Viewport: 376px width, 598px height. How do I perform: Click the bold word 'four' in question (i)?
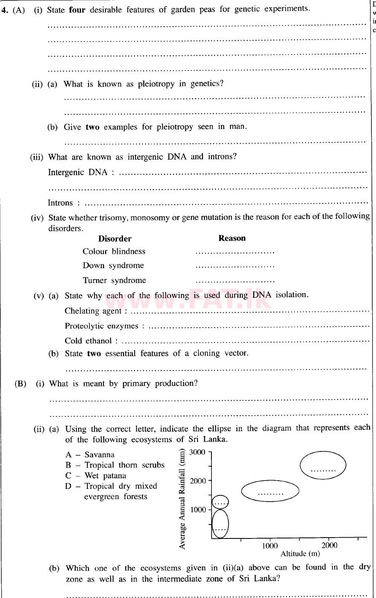pos(77,9)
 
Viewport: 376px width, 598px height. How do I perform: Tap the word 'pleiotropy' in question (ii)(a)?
pos(156,84)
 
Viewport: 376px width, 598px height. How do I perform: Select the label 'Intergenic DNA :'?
pos(81,172)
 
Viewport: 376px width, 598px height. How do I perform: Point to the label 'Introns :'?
pos(64,203)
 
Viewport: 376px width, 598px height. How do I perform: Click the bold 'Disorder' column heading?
pos(115,239)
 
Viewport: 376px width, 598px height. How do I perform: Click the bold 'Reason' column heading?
pos(232,238)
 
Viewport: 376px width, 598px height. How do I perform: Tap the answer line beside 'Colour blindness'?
pos(235,253)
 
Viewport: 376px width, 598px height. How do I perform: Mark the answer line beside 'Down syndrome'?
pos(235,267)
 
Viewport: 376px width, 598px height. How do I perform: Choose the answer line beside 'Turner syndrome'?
pos(235,281)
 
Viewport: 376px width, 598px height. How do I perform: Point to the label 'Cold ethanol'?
pos(91,341)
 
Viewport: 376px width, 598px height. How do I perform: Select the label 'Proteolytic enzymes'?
pos(104,326)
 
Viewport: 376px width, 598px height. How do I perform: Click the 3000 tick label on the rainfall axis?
pos(197,452)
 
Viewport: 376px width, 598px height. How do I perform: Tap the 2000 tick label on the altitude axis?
pos(329,545)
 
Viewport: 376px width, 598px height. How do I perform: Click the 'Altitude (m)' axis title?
pos(300,554)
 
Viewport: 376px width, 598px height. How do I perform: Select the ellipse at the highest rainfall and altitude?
pos(323,465)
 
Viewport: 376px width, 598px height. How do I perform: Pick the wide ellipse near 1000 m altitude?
pos(270,491)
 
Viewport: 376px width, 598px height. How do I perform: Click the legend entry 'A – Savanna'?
pos(90,455)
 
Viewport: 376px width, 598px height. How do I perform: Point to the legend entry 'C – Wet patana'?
pos(95,476)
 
